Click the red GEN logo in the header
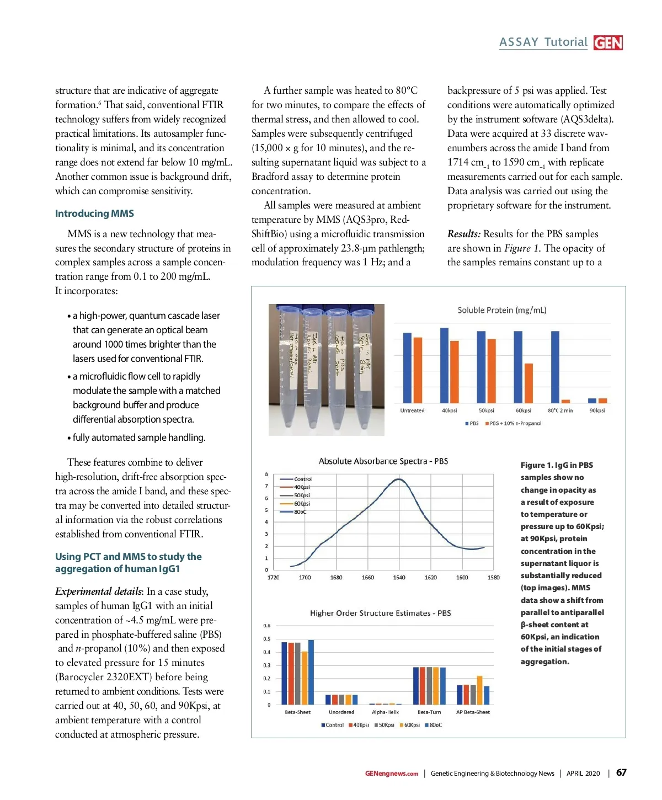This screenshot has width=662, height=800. [608, 43]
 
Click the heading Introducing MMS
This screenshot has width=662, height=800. [94, 214]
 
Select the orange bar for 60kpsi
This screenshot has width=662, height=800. [528, 383]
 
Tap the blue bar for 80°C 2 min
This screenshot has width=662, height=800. [555, 367]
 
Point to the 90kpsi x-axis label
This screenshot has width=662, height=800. [597, 410]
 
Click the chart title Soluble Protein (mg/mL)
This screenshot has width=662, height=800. [501, 310]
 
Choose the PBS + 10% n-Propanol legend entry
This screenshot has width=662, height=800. [513, 424]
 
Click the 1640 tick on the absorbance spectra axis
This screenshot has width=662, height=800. [399, 578]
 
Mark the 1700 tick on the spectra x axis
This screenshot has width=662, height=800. [305, 578]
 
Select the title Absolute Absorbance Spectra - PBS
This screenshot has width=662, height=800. [383, 461]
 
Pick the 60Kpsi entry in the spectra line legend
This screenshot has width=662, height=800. [301, 504]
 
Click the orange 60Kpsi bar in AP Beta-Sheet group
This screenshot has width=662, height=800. [479, 690]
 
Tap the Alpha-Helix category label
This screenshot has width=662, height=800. [385, 712]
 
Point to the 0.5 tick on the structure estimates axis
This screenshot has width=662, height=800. [267, 639]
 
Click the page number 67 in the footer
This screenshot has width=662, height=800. [621, 772]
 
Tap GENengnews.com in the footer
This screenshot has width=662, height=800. [391, 774]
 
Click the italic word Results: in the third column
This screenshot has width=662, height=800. [463, 234]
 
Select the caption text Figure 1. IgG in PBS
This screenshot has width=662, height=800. [557, 465]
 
